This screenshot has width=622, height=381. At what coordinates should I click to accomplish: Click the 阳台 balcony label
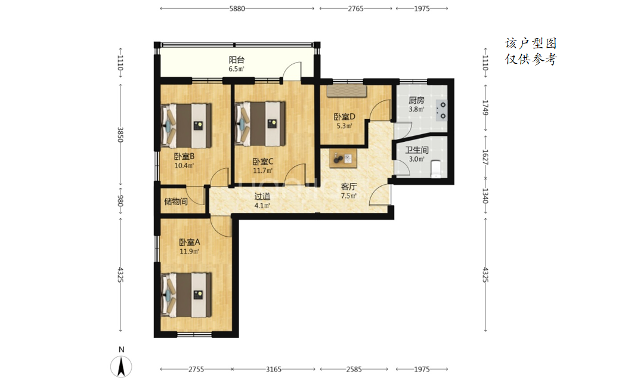pos(236,60)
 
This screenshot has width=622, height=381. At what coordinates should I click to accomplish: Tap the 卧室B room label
pos(184,156)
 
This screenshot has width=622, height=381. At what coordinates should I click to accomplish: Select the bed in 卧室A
pos(186,295)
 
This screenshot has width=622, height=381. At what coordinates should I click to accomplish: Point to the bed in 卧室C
pos(260,123)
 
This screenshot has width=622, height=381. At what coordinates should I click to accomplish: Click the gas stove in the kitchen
pos(441,111)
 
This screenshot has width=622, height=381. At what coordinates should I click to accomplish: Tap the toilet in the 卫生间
pos(436,169)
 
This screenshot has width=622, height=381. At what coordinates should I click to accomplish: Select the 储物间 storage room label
pos(176,202)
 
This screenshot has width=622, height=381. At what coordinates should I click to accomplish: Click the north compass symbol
pos(122,366)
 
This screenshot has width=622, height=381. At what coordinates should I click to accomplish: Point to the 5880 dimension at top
pos(237,9)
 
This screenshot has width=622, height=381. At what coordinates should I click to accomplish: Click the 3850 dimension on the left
pos(120,135)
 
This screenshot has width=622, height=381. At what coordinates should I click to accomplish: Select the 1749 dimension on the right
pos(485,107)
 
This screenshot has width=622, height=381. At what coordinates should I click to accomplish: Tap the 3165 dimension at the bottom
pos(274,369)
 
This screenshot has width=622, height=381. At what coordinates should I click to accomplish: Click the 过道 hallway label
pos(262,196)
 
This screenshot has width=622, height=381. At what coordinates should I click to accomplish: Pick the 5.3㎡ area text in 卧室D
pos(344,126)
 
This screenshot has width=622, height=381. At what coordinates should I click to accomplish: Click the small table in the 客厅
pos(343,159)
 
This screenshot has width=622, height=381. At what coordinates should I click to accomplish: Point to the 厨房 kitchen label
pos(416,100)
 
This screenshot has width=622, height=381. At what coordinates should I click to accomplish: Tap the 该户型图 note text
pos(531,43)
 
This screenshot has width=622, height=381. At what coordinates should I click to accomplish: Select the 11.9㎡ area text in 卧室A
pos(189,252)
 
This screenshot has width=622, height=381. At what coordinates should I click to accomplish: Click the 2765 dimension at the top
pos(355,9)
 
